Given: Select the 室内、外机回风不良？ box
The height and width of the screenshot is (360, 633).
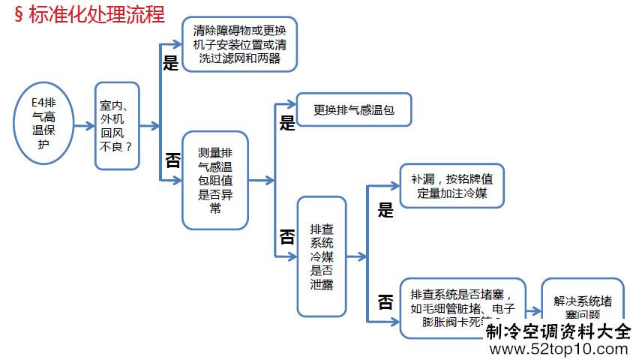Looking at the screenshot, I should point(117,126).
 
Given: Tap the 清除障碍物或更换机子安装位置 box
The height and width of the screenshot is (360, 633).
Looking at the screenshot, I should point(239,43).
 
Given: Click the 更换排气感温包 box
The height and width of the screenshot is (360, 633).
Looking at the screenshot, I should point(354,109).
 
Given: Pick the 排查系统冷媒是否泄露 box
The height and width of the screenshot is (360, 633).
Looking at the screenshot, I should point(322,256).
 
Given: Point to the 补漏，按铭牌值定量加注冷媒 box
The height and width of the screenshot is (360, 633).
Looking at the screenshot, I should point(451,185).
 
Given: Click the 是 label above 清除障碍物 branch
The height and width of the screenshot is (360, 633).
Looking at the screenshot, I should point(171,63).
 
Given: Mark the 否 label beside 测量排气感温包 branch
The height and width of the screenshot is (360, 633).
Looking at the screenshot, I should point(172,159).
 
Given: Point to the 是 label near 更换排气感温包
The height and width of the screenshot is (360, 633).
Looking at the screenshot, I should point(287,124).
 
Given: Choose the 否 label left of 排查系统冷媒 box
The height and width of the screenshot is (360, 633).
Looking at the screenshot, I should point(287,237).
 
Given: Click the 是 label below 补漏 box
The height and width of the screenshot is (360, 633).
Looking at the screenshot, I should point(385,211).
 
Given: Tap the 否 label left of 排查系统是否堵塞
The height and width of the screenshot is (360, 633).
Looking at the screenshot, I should point(385,301).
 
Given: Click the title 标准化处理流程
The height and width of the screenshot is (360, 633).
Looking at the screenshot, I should point(97,14).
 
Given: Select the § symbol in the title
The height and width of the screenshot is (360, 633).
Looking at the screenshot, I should point(19,15).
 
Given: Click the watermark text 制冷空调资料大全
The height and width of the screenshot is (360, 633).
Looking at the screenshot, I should point(558,331).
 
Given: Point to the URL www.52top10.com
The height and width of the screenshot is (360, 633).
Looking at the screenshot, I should point(558,349).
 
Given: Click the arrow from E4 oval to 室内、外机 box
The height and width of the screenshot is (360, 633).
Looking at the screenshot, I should point(83,126).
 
